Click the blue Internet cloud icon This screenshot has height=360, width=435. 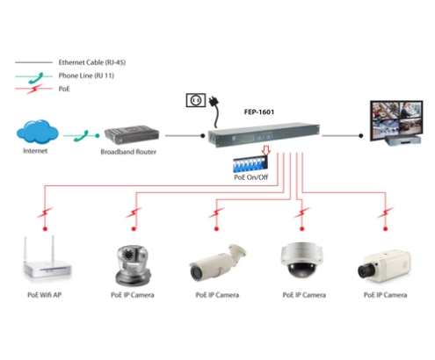(37, 132)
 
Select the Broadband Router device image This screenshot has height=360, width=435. (132, 135)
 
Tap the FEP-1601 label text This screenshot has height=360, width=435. (259, 112)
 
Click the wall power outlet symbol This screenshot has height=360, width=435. (196, 100)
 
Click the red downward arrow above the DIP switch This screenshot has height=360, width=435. (265, 150)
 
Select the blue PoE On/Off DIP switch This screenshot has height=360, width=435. (250, 165)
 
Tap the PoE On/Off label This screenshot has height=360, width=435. (250, 177)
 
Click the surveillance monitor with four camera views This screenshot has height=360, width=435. (396, 123)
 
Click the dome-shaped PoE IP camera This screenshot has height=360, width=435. (301, 260)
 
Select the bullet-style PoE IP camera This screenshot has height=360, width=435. (217, 263)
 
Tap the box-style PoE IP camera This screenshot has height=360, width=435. (384, 266)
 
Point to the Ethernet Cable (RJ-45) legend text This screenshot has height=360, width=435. (92, 62)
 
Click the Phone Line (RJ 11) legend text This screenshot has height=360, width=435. (86, 76)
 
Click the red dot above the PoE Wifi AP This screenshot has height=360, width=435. (45, 228)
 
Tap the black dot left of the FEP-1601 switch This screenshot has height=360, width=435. (203, 136)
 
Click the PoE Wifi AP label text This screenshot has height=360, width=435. (45, 295)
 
